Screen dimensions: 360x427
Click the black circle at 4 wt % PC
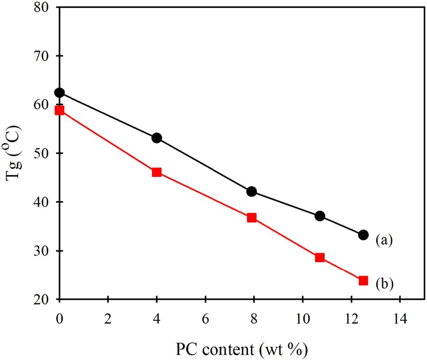pos(157,138)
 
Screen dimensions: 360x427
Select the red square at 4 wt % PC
pos(157,172)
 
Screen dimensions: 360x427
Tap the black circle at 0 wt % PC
pos(60,93)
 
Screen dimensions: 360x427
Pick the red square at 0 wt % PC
pos(60,111)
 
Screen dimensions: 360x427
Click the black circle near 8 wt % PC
pos(252,192)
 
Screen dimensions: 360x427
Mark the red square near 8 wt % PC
pos(252,218)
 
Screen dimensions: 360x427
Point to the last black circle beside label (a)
pos(363,235)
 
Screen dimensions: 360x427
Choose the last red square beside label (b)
pos(363,280)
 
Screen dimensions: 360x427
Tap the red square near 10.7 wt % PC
pos(320,258)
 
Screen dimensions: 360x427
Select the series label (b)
pos(384,284)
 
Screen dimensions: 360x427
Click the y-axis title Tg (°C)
pos(14,153)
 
